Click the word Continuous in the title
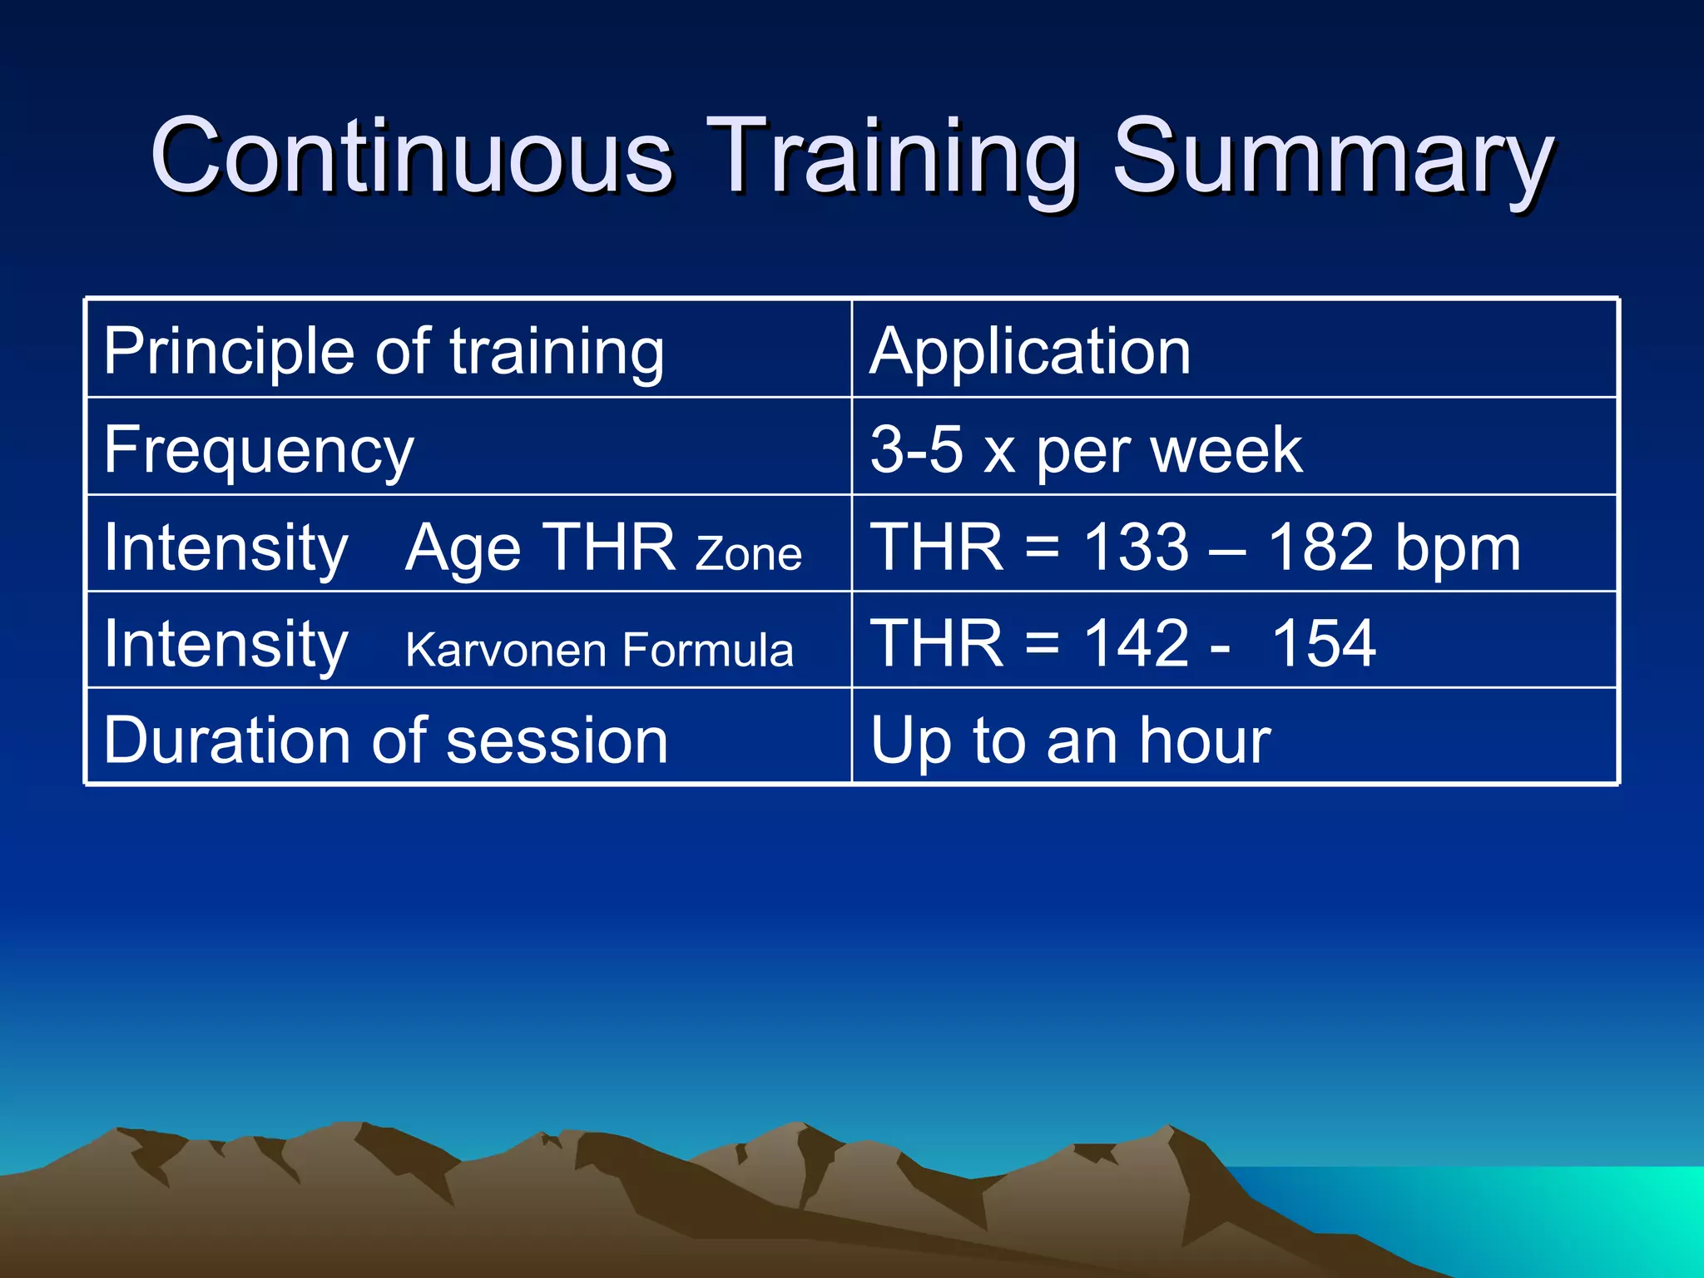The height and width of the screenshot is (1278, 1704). coord(411,156)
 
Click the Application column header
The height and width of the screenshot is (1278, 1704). coord(1030,351)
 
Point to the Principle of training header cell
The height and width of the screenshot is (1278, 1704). coord(384,351)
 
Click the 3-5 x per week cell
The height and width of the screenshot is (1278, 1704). coord(1086,450)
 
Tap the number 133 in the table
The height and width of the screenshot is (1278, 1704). coord(1136,547)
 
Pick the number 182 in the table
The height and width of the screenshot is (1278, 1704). coord(1320,547)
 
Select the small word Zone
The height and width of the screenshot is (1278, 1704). coord(748,554)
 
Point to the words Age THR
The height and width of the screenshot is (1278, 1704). coord(539,547)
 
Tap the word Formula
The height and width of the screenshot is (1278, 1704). coord(708,650)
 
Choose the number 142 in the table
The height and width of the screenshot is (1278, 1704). coord(1136,643)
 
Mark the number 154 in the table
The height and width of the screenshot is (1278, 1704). coord(1324,643)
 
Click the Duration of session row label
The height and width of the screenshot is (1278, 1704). coord(385,740)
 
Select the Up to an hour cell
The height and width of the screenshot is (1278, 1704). coord(1070,740)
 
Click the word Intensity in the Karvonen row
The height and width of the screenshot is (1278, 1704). coord(225,643)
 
